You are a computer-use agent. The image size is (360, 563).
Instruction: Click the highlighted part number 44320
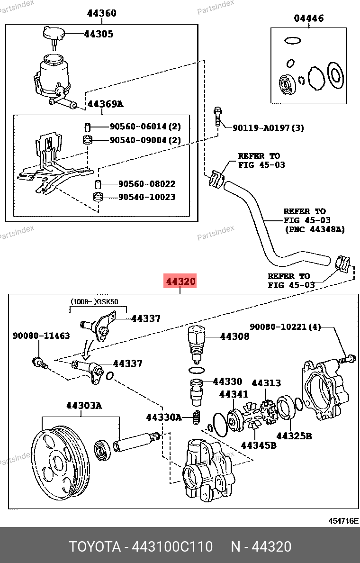180,281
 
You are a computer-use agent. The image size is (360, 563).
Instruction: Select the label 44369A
105,104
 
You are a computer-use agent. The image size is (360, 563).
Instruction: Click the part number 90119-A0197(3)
268,128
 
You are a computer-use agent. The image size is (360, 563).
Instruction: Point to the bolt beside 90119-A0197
217,116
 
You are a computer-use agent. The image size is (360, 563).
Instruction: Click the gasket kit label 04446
309,18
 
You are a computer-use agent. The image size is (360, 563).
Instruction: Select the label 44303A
84,406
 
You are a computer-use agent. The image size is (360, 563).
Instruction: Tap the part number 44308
234,336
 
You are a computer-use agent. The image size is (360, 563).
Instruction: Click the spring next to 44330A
195,418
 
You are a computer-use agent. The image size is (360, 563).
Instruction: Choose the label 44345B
259,445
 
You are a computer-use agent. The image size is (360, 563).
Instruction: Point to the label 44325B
294,436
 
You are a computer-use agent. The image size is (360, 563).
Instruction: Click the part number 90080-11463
41,336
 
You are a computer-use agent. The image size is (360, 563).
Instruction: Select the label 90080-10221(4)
285,327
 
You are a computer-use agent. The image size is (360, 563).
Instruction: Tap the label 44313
266,383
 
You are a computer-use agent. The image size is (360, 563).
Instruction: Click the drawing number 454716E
344,521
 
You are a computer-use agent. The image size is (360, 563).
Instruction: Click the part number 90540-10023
147,197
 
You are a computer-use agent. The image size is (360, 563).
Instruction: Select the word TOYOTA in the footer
95,547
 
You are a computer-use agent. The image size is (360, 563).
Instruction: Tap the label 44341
234,394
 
